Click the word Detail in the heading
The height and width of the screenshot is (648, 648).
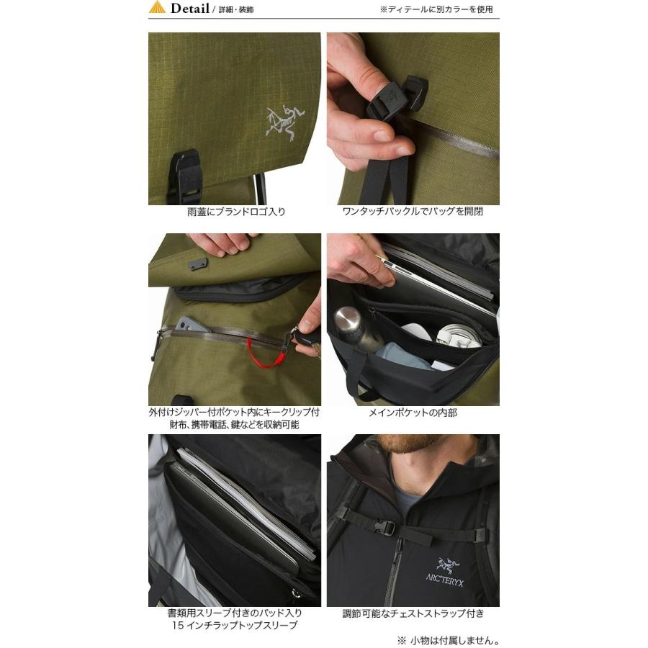click(189, 8)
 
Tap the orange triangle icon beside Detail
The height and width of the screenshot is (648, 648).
click(157, 7)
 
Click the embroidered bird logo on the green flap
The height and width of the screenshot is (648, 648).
click(285, 122)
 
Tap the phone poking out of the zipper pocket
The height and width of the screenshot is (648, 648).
click(192, 323)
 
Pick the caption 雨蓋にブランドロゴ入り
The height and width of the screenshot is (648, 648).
click(236, 212)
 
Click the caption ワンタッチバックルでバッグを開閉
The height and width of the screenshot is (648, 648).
click(413, 212)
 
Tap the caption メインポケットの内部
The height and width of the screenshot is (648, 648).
click(413, 413)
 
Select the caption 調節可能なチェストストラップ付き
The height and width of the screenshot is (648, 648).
click(413, 613)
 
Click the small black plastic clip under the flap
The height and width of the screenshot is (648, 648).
click(198, 264)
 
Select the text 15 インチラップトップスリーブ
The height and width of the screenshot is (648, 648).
click(234, 625)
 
